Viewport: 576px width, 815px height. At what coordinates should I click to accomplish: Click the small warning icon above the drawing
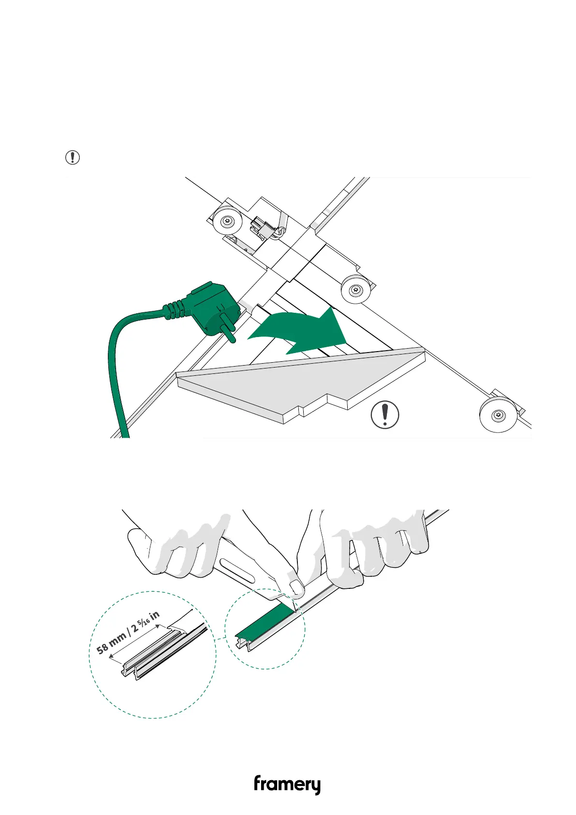(73, 157)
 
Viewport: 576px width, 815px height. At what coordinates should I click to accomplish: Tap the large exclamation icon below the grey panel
(384, 415)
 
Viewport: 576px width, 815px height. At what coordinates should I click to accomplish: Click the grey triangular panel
(290, 383)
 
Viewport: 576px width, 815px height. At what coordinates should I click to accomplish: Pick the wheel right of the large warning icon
(498, 415)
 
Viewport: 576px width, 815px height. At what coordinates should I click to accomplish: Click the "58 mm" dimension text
(111, 642)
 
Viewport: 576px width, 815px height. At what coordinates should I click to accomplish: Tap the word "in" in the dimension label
(155, 616)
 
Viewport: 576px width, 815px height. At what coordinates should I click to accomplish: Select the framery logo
(287, 785)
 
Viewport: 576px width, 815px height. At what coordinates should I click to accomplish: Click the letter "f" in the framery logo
(258, 784)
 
